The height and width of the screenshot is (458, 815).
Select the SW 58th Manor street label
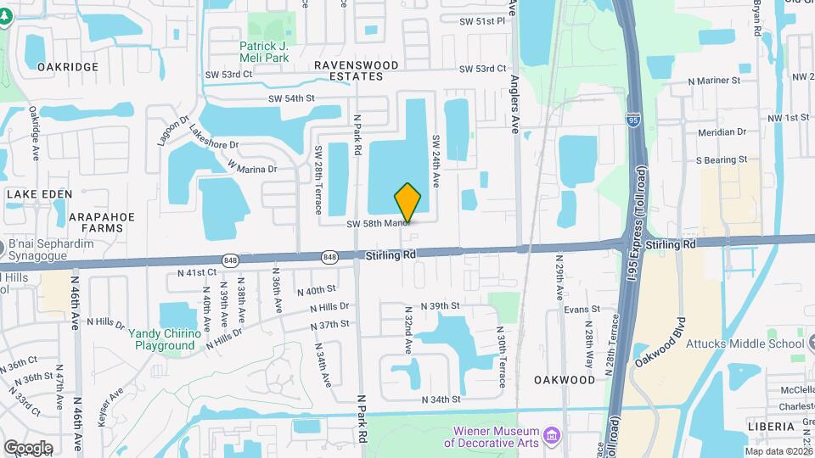tap(379, 224)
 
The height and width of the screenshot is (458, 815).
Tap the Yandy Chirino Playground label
tap(165, 339)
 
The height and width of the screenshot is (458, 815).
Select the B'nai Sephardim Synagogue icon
tap(3, 248)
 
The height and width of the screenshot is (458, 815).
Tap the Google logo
tap(28, 447)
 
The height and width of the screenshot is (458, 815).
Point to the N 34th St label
tap(441, 399)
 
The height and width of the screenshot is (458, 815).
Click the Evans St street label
tap(582, 310)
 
